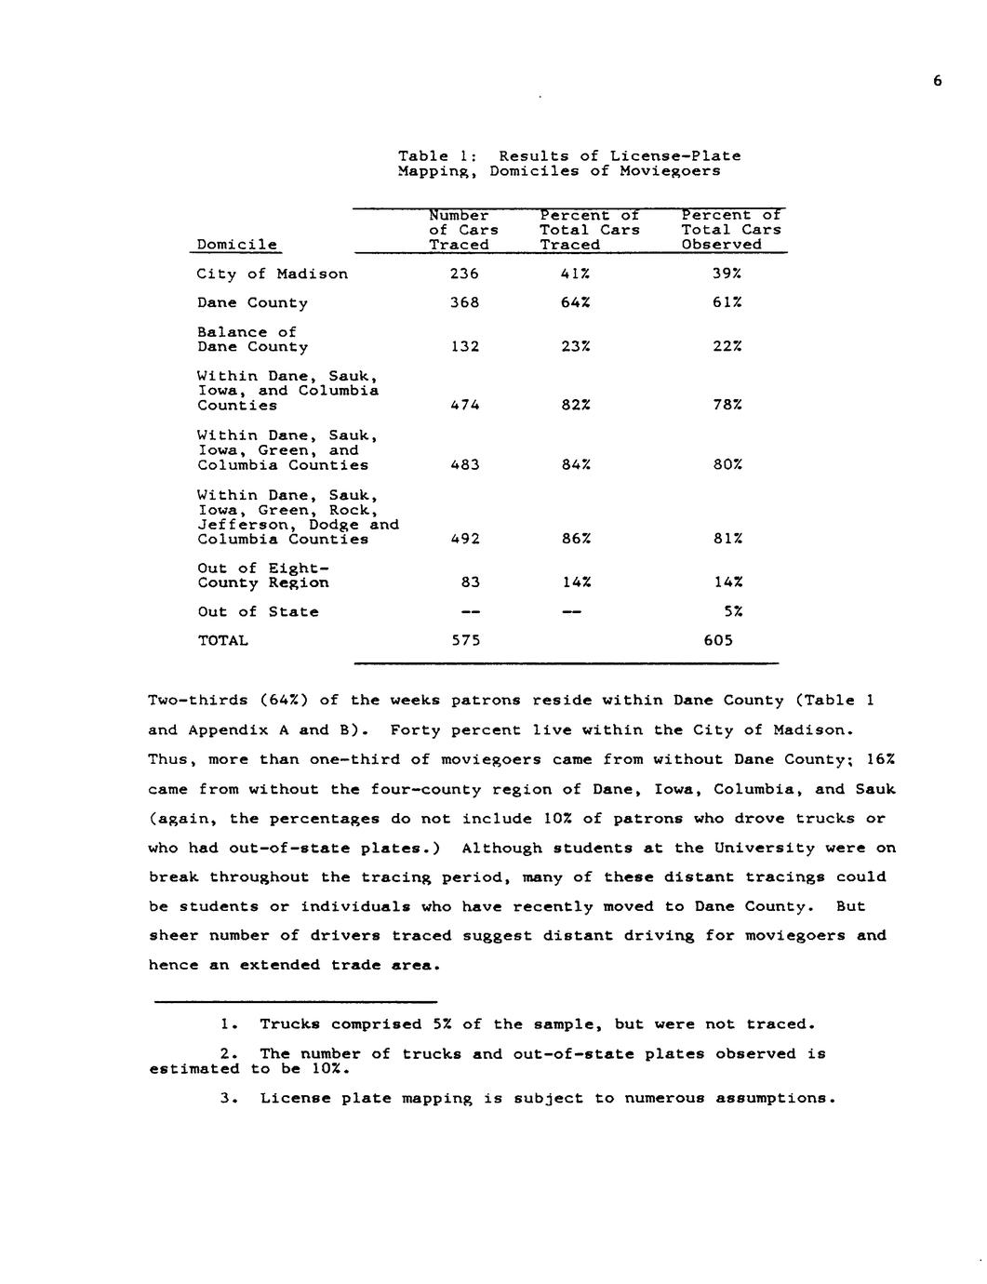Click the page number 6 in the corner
click(937, 81)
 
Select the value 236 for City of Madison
click(464, 274)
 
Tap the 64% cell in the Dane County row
click(576, 302)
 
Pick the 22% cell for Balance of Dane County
click(727, 346)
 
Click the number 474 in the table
click(464, 406)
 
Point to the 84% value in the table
click(576, 465)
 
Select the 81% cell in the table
click(727, 539)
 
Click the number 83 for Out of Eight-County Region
click(470, 582)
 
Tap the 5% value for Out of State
click(732, 611)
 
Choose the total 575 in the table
click(464, 640)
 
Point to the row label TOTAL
click(222, 640)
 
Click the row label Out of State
click(258, 611)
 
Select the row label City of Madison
click(272, 274)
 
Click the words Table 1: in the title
click(437, 156)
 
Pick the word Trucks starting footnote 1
click(289, 1024)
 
